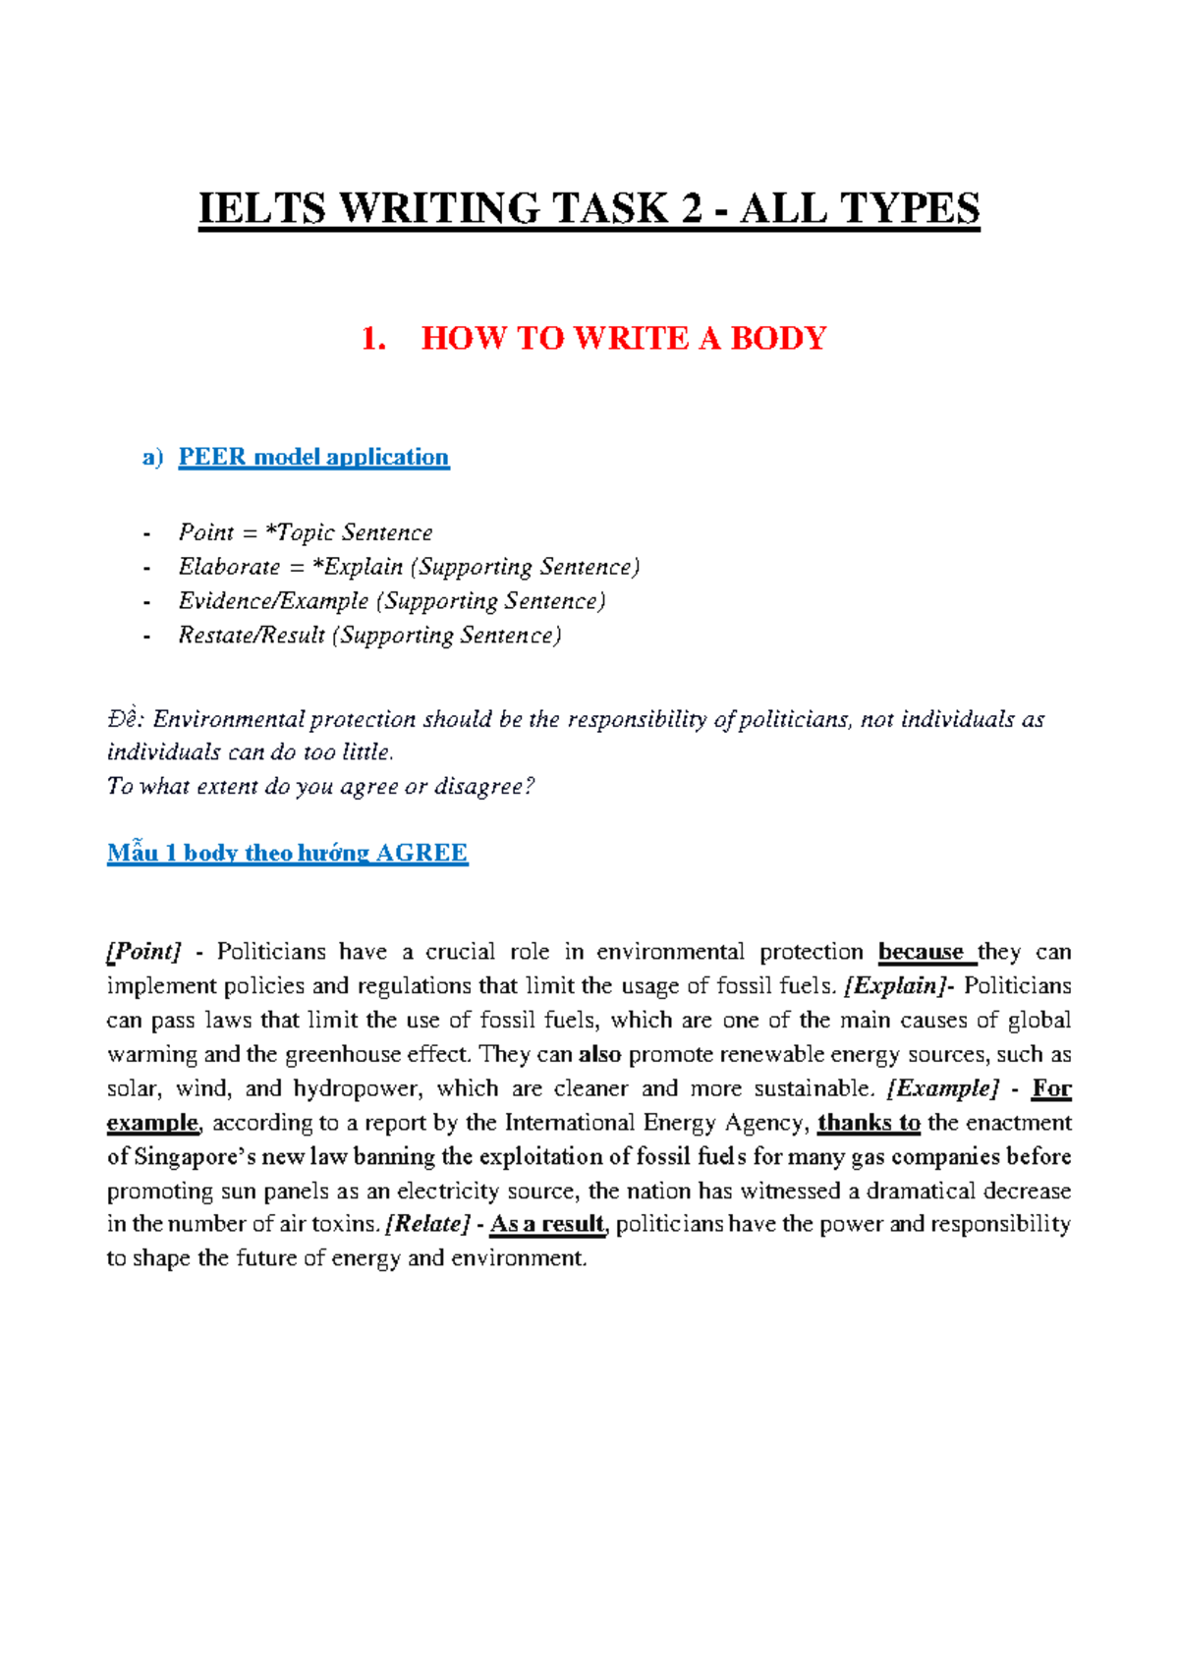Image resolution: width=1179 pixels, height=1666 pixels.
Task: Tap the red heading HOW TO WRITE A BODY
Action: click(x=623, y=339)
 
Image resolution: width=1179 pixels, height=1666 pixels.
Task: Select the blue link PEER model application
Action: click(x=313, y=457)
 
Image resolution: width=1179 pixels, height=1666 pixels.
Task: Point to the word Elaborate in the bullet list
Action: click(x=229, y=567)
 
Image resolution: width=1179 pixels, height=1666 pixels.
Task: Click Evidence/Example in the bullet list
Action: click(x=273, y=601)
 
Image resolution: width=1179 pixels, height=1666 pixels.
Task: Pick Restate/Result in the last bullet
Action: click(x=251, y=636)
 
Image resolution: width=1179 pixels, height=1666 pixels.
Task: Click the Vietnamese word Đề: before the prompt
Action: click(x=126, y=719)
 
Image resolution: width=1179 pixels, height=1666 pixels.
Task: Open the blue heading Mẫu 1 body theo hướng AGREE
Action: click(x=287, y=853)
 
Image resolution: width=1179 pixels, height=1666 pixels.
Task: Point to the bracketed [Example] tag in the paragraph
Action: click(x=942, y=1088)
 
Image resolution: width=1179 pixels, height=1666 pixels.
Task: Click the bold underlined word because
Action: click(x=921, y=952)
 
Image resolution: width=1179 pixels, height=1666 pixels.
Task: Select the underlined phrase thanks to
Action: click(x=869, y=1123)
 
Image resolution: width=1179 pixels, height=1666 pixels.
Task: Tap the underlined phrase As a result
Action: click(x=547, y=1224)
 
